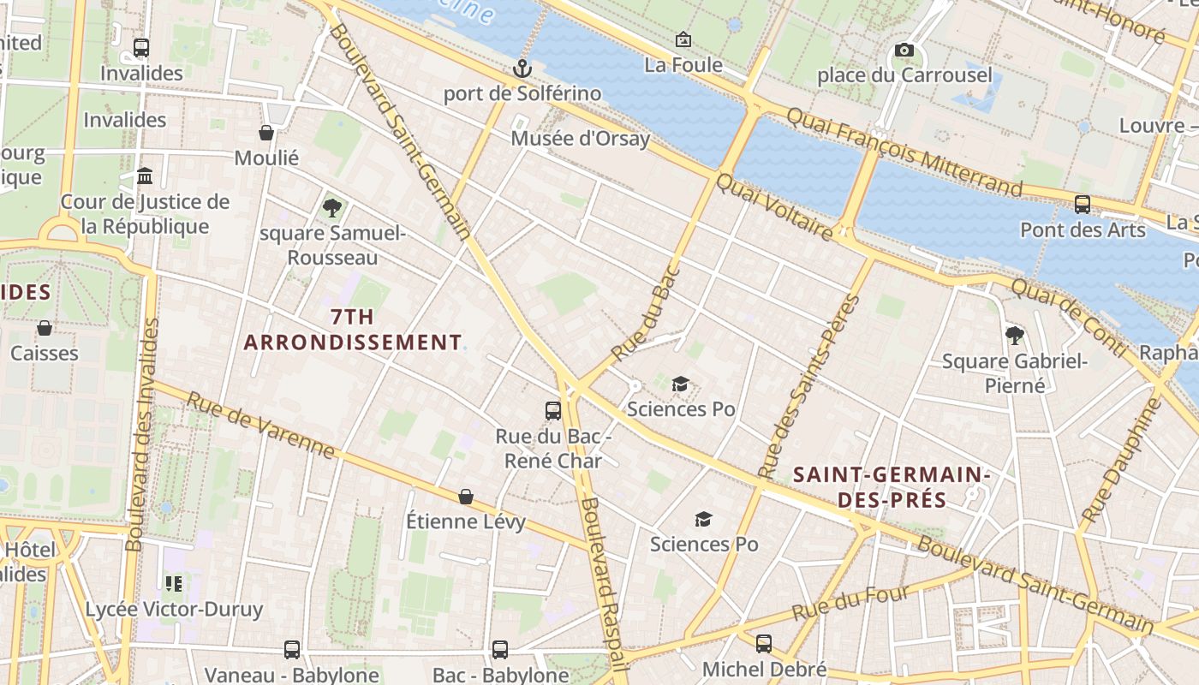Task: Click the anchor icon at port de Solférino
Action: pyautogui.click(x=522, y=68)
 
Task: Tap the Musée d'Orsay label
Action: pyautogui.click(x=580, y=138)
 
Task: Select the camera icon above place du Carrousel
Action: pyautogui.click(x=904, y=51)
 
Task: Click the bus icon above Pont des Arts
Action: pyautogui.click(x=1083, y=205)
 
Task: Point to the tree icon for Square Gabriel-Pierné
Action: pyautogui.click(x=1015, y=335)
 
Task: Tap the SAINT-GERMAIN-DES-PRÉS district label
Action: pyautogui.click(x=892, y=486)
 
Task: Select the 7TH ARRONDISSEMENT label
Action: pyautogui.click(x=353, y=330)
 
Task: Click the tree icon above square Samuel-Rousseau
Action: pyautogui.click(x=332, y=207)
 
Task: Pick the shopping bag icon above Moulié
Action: pyautogui.click(x=266, y=133)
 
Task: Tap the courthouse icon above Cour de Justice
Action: pyautogui.click(x=145, y=176)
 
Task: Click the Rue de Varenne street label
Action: pyautogui.click(x=260, y=426)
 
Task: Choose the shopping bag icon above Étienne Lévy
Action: pyautogui.click(x=466, y=497)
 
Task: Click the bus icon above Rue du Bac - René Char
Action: pyautogui.click(x=553, y=411)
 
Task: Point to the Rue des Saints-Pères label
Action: pyautogui.click(x=809, y=387)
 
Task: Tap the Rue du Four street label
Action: pyautogui.click(x=850, y=604)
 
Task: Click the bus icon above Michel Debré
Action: pyautogui.click(x=764, y=643)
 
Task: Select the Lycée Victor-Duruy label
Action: pyautogui.click(x=174, y=609)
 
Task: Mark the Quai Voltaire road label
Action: pyautogui.click(x=774, y=206)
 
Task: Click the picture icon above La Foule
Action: pyautogui.click(x=683, y=39)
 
